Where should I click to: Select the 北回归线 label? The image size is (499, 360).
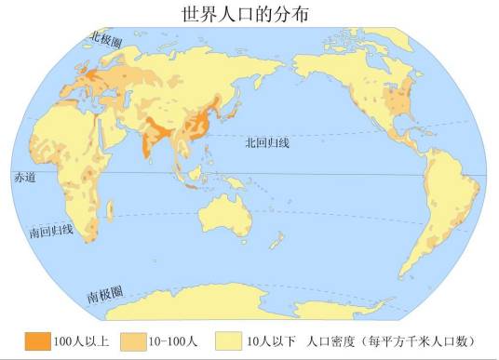click(267, 142)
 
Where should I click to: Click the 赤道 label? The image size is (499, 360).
click(23, 177)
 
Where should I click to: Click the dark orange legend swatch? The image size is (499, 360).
click(36, 341)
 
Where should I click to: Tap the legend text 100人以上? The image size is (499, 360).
click(82, 341)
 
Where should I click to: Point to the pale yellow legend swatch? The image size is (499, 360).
click(230, 341)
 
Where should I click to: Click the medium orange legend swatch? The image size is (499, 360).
click(137, 341)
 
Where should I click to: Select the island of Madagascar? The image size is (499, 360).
click(111, 219)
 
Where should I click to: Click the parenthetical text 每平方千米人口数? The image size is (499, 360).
click(421, 341)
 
